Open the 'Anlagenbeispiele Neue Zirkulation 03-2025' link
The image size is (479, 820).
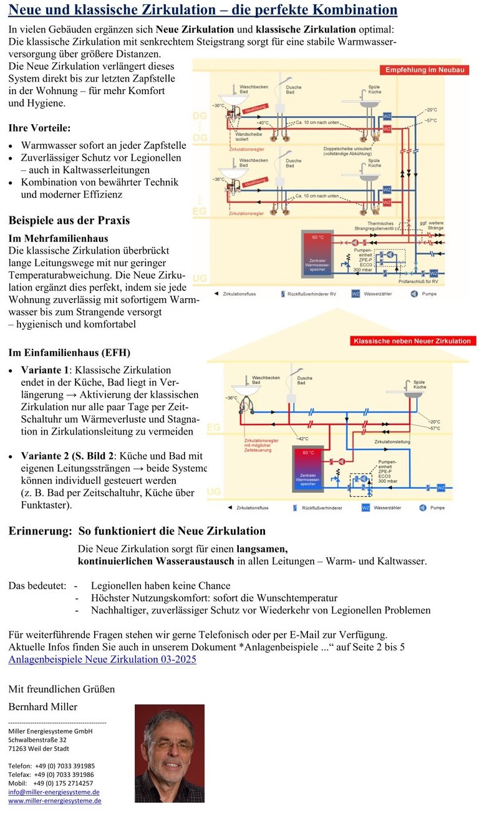102,659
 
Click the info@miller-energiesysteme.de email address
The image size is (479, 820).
54,792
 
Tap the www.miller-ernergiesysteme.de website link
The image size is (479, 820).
54,801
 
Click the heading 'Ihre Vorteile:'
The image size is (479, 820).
39,127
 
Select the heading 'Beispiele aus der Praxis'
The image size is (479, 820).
69,220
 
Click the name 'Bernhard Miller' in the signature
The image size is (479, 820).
43,707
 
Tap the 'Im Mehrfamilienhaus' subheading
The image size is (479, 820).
58,238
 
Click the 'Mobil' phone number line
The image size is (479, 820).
51,783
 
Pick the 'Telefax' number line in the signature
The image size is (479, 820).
51,774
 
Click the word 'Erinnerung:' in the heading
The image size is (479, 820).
41,531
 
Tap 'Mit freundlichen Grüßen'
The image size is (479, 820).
61,689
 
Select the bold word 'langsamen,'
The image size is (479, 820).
262,549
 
